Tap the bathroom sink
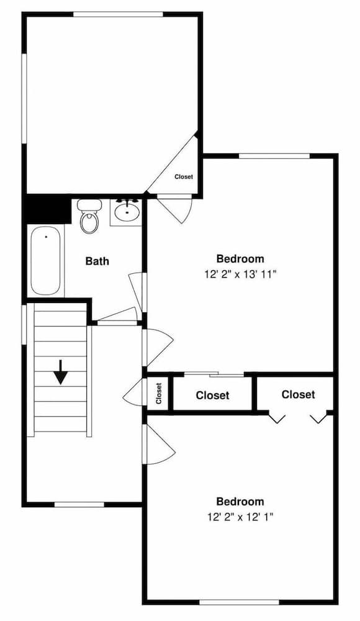[128, 212]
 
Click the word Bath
[97, 261]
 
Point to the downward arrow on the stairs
[60, 371]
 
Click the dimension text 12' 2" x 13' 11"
[240, 273]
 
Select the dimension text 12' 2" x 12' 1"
[240, 516]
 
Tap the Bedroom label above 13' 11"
[240, 258]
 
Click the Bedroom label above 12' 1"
[240, 501]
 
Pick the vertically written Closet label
[158, 392]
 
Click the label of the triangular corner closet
[183, 177]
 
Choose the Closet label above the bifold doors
[298, 394]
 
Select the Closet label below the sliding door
[212, 395]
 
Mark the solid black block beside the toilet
[47, 209]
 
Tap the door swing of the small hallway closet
[133, 393]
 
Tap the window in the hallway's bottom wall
[79, 504]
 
